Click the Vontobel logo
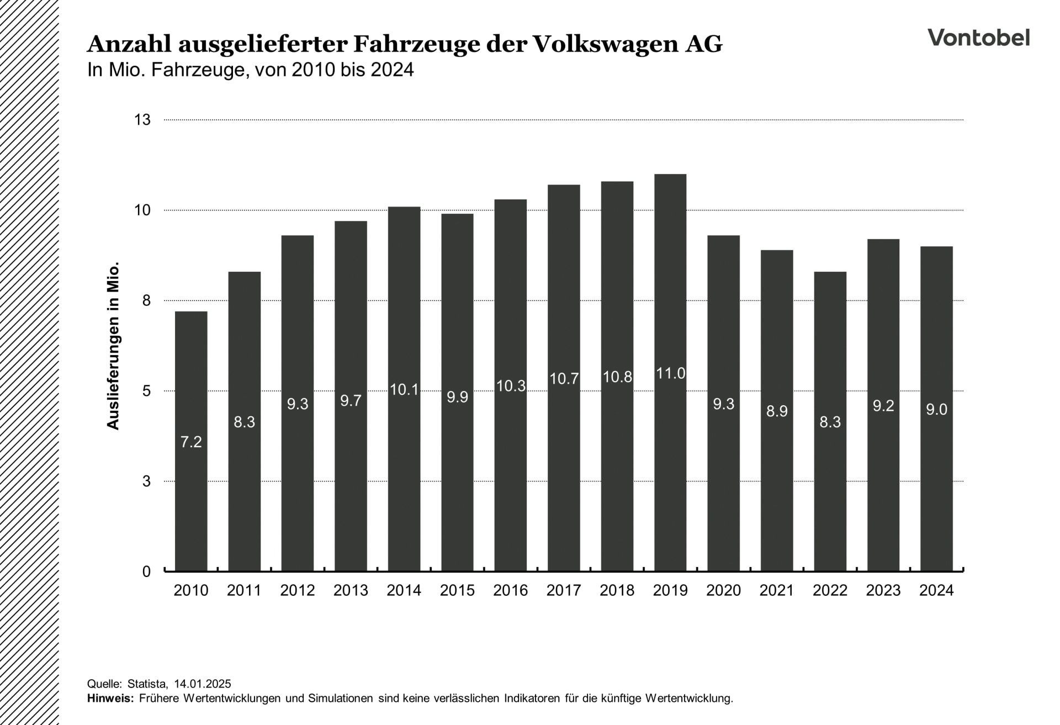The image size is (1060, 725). (978, 38)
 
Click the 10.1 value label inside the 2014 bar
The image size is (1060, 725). (404, 390)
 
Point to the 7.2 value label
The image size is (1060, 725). (191, 442)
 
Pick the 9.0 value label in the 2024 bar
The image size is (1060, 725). (936, 409)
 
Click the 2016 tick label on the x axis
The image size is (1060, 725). (511, 590)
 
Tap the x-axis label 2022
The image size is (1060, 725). (830, 590)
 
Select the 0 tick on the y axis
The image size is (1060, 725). (146, 571)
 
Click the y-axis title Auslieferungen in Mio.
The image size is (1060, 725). (113, 346)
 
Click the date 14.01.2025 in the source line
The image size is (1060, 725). (202, 684)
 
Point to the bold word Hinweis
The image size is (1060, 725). (110, 698)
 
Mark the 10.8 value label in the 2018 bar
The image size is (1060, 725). (617, 377)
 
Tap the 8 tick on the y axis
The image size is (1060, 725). (146, 300)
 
